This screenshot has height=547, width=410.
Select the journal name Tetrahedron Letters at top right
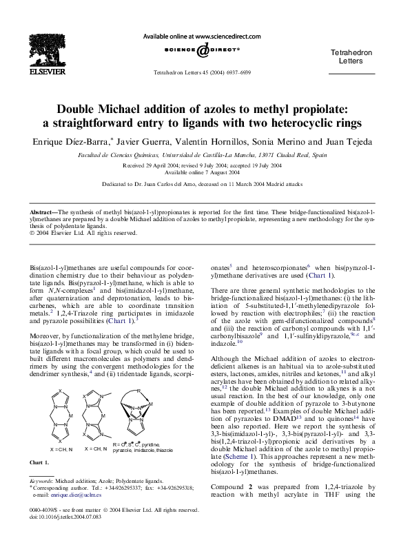click(352, 56)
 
